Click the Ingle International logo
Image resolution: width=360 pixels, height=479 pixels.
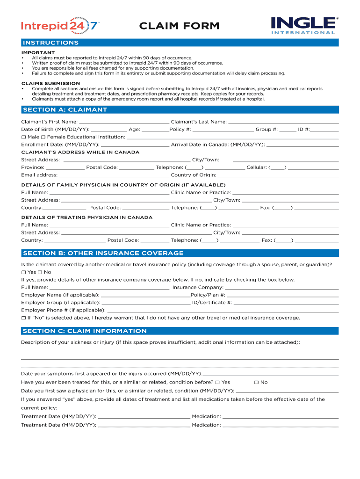tap(303, 25)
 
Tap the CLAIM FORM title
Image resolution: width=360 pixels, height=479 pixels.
tap(179, 26)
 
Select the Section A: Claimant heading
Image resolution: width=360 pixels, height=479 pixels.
tap(65, 109)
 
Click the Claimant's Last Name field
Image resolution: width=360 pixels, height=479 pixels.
tap(283, 121)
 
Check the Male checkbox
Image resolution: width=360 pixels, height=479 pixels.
tap(23, 137)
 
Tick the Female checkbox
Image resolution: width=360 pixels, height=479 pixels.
tap(43, 137)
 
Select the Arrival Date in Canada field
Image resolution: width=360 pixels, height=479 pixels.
tap(302, 144)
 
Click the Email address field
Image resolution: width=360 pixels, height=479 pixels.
tap(114, 174)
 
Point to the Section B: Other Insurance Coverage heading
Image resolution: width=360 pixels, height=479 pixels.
tap(103, 253)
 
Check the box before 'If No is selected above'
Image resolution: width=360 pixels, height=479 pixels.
tap(23, 318)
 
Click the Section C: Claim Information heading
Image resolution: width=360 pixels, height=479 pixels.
tap(85, 331)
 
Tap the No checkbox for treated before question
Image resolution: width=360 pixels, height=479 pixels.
tap(256, 383)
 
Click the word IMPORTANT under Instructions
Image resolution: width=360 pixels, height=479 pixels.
tap(38, 52)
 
